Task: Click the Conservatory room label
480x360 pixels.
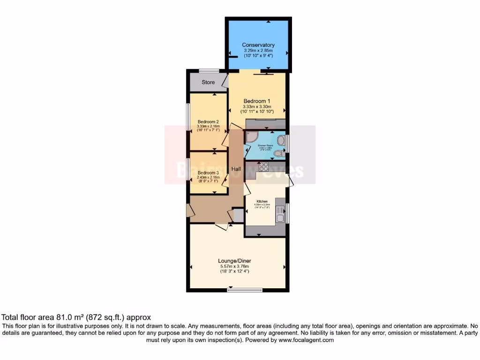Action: [x=258, y=45]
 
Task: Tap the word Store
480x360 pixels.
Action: [x=208, y=82]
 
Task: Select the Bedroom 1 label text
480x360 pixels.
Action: [x=256, y=101]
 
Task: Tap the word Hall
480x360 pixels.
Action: [x=235, y=169]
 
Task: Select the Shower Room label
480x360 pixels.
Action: [x=265, y=145]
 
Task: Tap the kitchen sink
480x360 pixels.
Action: [x=280, y=214]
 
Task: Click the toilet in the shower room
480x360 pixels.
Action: [x=278, y=152]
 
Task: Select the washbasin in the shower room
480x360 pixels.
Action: [x=280, y=139]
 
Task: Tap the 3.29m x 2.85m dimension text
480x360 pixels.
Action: [x=258, y=50]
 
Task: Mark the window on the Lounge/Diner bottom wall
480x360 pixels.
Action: [x=245, y=290]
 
